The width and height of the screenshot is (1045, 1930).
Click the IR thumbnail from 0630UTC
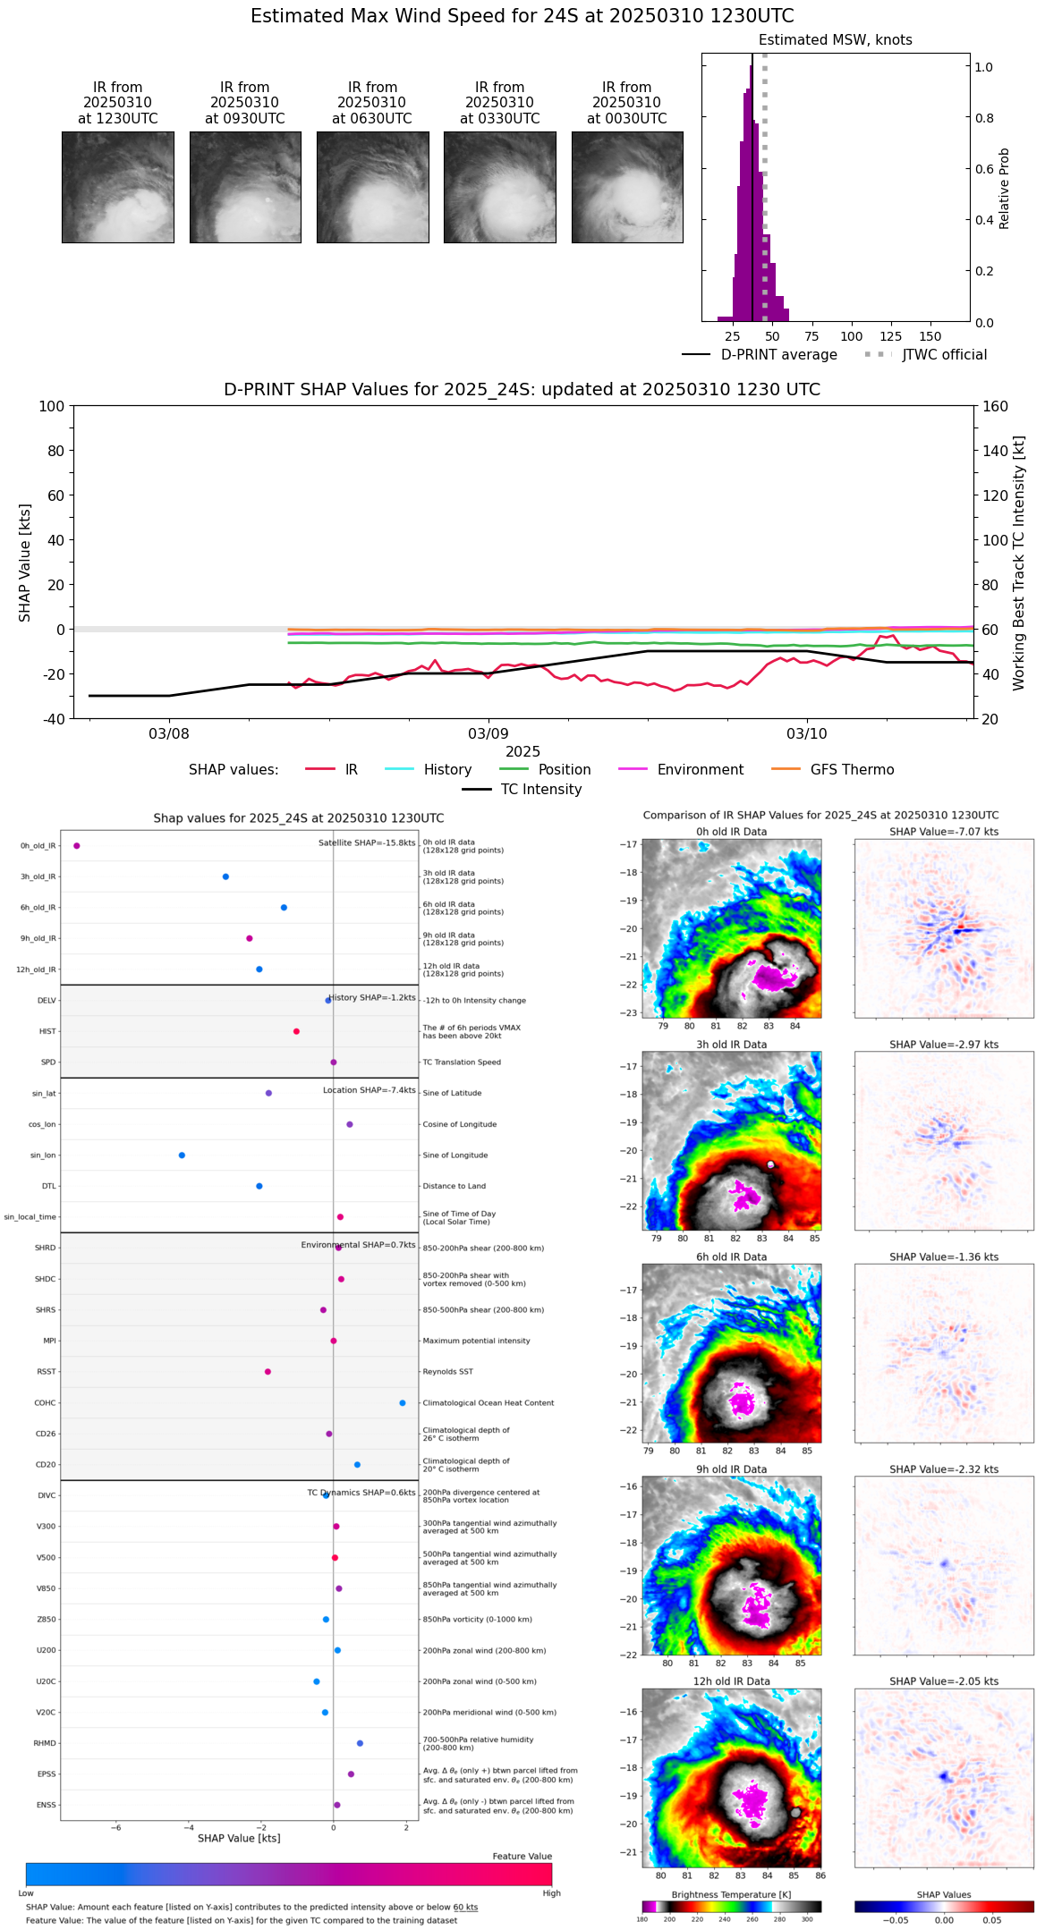click(x=372, y=187)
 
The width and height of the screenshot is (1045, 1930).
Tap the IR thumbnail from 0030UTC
click(x=627, y=187)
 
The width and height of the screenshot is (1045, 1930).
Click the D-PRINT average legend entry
click(x=760, y=355)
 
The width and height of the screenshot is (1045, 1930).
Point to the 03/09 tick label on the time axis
click(x=488, y=734)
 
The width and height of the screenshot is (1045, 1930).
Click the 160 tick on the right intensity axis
click(x=995, y=406)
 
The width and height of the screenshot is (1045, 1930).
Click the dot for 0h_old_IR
click(x=77, y=846)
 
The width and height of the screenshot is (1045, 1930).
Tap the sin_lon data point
click(x=182, y=1155)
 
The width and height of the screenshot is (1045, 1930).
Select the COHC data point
click(x=403, y=1403)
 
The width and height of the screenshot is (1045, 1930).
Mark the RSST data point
click(x=268, y=1372)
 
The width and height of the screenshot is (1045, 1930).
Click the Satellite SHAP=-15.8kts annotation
click(x=367, y=842)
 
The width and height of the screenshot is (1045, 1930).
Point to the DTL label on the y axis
click(x=48, y=1187)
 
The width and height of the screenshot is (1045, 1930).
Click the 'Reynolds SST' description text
click(x=447, y=1372)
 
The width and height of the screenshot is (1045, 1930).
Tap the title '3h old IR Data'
click(x=731, y=1045)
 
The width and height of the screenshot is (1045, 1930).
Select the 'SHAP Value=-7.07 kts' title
click(x=944, y=832)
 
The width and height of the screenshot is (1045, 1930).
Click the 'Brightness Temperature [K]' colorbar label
click(x=731, y=1895)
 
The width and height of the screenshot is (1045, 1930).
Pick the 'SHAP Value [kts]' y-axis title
click(x=25, y=563)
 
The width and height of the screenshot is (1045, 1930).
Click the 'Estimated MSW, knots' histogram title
click(x=835, y=40)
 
